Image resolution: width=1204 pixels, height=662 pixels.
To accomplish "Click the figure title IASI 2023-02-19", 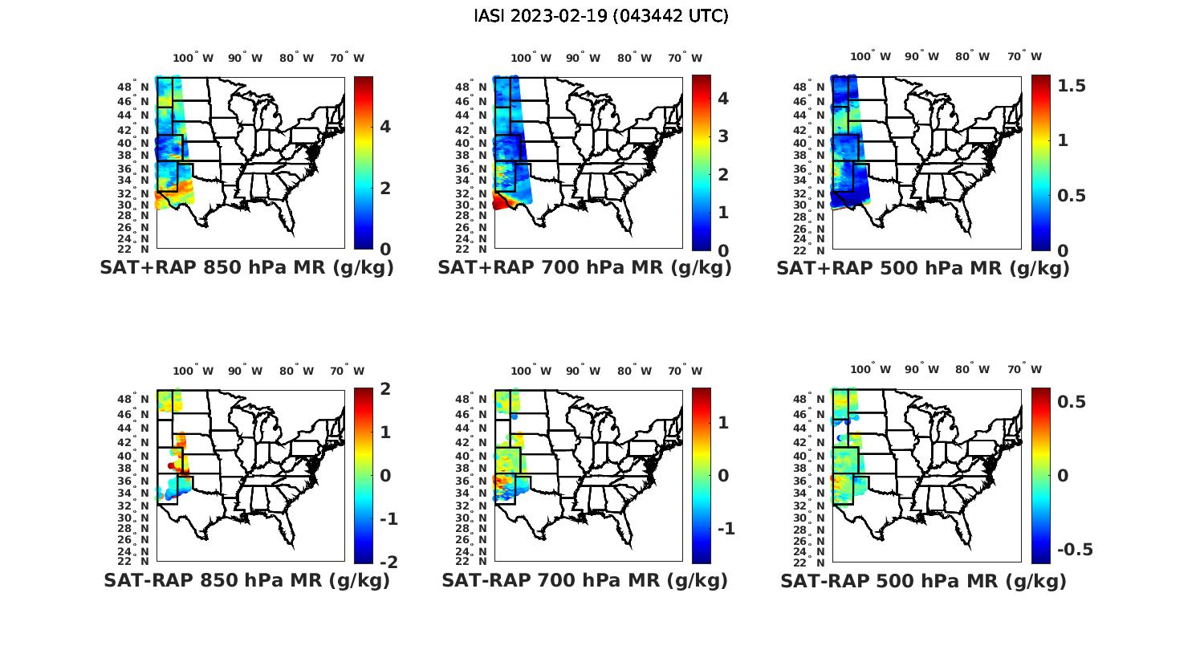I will pos(601,16).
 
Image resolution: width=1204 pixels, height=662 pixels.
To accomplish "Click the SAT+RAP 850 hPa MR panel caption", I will pos(246,268).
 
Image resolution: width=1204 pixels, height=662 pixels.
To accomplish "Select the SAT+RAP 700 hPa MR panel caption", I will pos(584,268).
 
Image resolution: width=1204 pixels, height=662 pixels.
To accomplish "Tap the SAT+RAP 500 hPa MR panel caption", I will pos(923,268).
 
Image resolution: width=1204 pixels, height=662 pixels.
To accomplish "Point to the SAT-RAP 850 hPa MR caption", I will pos(246,580).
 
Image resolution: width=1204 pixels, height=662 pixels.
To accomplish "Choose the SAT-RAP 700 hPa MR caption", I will pos(584,580).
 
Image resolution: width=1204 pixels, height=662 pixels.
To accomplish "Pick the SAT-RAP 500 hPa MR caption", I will pos(923,580).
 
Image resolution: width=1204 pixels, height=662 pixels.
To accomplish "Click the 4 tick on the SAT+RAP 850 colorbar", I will pos(385,127).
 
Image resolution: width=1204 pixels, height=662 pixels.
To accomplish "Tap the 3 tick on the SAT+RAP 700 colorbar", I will pos(723,136).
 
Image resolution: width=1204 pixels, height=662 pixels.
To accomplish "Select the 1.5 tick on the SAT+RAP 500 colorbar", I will pos(1071,86).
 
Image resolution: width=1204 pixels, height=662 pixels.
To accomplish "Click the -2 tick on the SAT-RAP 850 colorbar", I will pos(388,562).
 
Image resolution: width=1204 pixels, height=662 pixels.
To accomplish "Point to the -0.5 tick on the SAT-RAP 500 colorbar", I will pos(1074,550).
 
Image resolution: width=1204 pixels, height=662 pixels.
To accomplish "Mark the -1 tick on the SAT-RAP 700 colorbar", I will pos(726,528).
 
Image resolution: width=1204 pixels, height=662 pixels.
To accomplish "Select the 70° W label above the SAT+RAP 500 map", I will pos(1024,57).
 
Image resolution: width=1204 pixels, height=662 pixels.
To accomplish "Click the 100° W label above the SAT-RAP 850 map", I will pos(193,371).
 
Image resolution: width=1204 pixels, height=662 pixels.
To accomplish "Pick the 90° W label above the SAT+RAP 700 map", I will pos(583,58).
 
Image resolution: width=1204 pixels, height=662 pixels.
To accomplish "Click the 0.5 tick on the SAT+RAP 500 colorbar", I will pos(1071,196).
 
